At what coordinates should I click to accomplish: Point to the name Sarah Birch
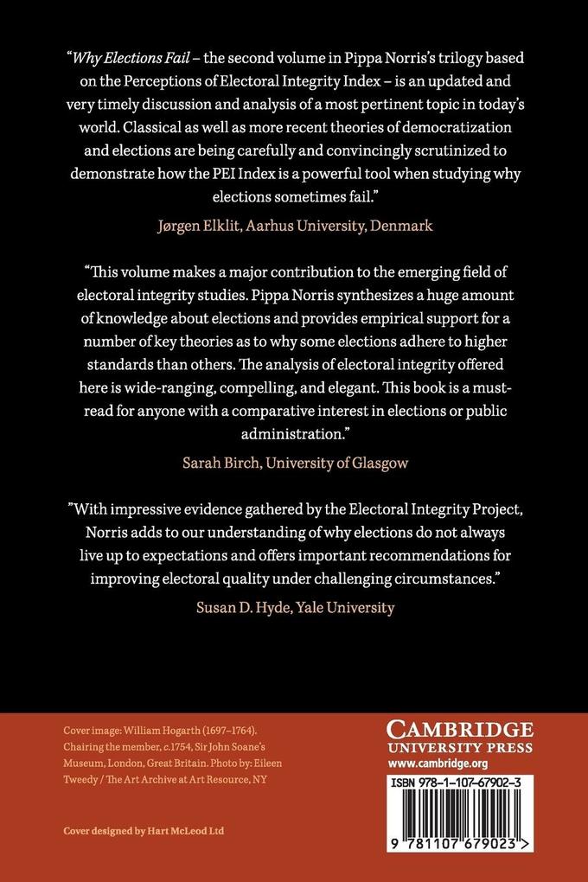pyautogui.click(x=220, y=462)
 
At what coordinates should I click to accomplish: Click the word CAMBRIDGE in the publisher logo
pyautogui.click(x=459, y=730)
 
